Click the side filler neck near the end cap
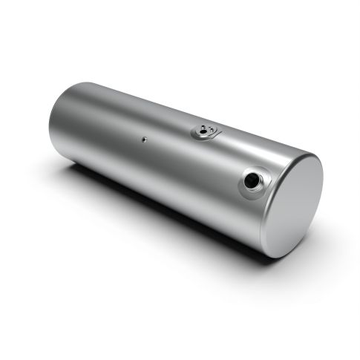(x=252, y=182)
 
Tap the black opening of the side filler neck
(x=253, y=181)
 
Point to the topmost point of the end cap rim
(x=312, y=154)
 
